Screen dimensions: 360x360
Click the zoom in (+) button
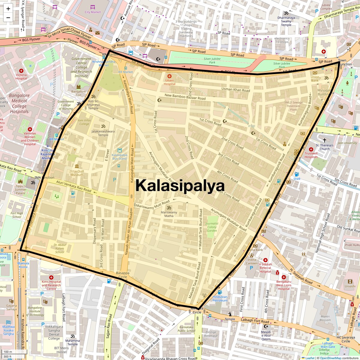click(x=8, y=8)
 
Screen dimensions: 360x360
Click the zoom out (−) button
click(x=8, y=17)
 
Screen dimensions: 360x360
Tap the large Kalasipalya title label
click(x=180, y=185)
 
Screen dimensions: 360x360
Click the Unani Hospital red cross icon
click(x=169, y=76)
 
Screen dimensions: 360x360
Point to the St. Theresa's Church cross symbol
click(x=324, y=140)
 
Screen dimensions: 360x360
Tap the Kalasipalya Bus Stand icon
click(x=120, y=150)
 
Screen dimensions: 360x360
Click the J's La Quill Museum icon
click(x=77, y=166)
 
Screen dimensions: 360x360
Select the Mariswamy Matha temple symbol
click(x=169, y=208)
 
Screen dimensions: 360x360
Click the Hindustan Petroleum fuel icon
click(x=220, y=292)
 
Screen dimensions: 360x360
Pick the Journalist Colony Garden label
click(x=212, y=227)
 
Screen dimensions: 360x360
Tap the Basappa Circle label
click(x=123, y=275)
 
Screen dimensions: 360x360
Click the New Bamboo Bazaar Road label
click(x=185, y=97)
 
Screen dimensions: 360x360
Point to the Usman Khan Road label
click(x=235, y=89)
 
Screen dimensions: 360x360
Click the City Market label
click(x=93, y=12)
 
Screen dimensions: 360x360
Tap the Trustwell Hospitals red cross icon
click(x=311, y=149)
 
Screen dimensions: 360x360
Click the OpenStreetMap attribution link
click(x=330, y=358)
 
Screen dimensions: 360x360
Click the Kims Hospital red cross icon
click(x=51, y=277)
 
